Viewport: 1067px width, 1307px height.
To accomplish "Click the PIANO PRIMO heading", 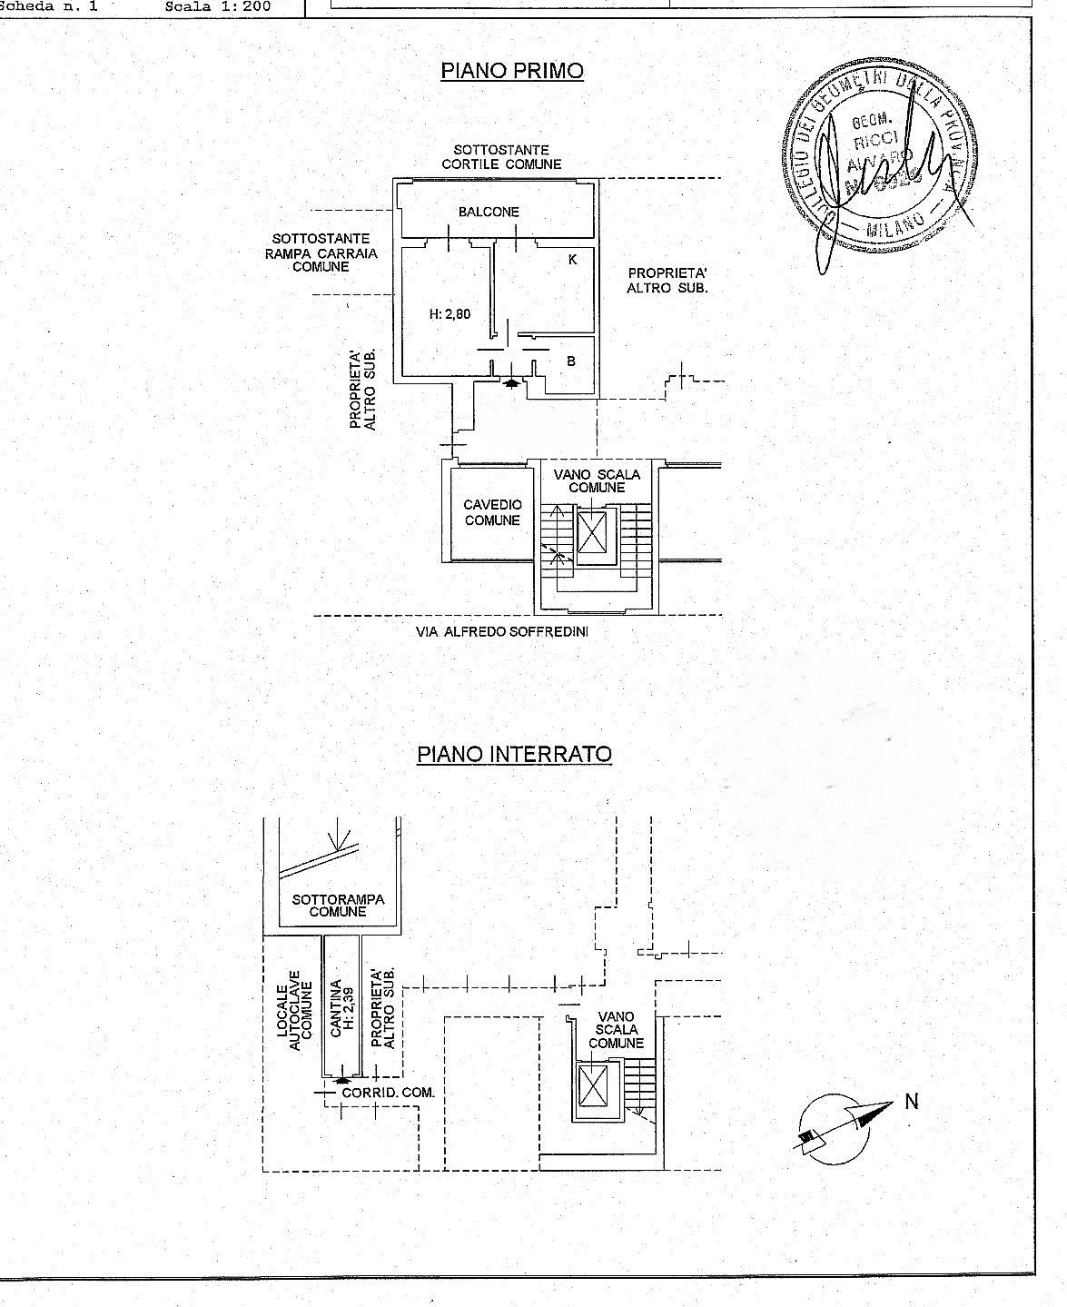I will [x=511, y=71].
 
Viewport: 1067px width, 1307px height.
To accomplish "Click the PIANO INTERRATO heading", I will [x=514, y=754].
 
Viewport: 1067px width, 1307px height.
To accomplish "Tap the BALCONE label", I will [x=489, y=212].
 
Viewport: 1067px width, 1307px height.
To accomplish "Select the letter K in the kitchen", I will [x=572, y=260].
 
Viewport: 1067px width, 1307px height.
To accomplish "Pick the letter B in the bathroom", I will [x=571, y=361].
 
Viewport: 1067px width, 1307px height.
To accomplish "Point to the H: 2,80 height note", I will [x=450, y=314].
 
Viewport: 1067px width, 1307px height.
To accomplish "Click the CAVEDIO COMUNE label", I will [x=492, y=512].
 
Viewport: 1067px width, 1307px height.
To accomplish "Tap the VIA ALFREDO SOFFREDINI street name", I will [x=502, y=631].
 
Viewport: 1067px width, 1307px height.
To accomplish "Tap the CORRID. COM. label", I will [x=388, y=1093].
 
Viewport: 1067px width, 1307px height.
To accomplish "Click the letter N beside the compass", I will [x=912, y=1102].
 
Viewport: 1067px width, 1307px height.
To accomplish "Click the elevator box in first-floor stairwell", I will [x=591, y=531].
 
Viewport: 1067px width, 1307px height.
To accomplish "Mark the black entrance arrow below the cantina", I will [x=341, y=1080].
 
